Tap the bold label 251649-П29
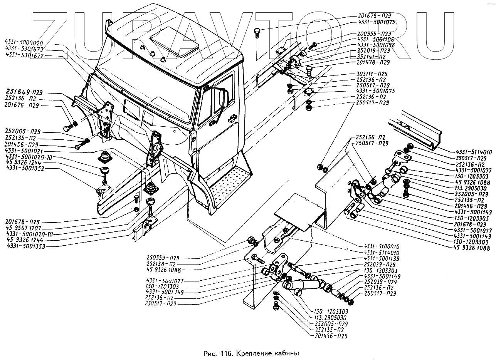click(x=24, y=92)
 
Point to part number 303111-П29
click(x=372, y=74)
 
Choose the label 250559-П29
click(x=162, y=258)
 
